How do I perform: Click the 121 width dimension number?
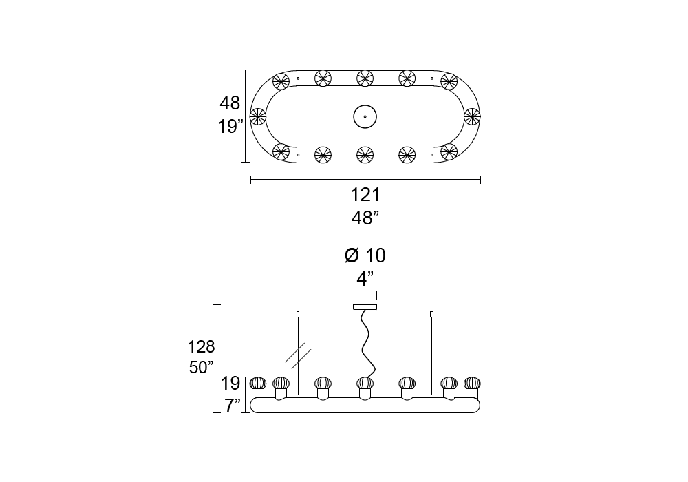click(365, 195)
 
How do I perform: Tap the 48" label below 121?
click(365, 218)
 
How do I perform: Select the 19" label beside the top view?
click(230, 127)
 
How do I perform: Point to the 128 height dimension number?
click(201, 347)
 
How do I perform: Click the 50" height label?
click(202, 367)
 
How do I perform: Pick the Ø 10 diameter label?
click(365, 255)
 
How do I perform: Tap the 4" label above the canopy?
click(365, 278)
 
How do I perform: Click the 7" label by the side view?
click(233, 406)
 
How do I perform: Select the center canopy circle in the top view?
click(365, 117)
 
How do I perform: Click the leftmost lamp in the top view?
click(258, 117)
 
